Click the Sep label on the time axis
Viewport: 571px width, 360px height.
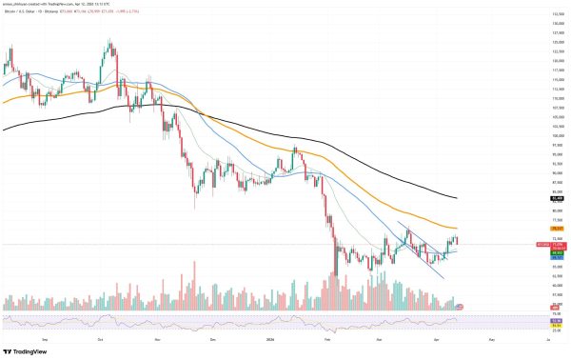coord(46,337)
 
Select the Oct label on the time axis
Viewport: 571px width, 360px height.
coord(100,337)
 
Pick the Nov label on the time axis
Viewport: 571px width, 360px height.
coord(157,337)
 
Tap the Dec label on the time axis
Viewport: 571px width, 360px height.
coord(211,337)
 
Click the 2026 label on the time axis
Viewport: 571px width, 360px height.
coord(268,337)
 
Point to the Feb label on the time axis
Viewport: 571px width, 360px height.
coord(326,337)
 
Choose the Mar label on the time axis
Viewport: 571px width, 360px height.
coord(379,337)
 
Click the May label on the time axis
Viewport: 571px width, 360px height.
coord(492,337)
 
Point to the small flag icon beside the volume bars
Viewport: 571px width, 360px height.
coord(461,306)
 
